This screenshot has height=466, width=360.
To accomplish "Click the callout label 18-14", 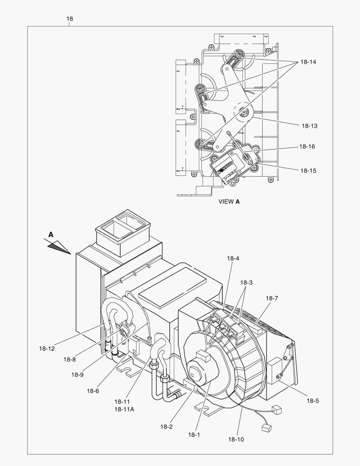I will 308,62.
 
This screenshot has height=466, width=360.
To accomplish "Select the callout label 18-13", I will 309,126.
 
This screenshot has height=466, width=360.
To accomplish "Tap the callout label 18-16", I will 307,147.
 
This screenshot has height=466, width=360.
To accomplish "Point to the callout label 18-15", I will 308,171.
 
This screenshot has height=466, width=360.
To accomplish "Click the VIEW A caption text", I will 229,202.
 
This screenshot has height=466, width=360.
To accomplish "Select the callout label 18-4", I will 233,258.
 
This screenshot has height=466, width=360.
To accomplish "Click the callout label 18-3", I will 246,283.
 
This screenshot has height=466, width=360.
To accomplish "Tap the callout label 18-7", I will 272,298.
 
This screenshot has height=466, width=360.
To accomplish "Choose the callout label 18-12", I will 46,348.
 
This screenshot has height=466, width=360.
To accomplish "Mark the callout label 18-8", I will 69,359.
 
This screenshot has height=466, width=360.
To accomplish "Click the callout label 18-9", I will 77,375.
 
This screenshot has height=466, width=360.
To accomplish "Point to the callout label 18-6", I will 93,391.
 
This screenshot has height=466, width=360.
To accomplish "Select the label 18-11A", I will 124,409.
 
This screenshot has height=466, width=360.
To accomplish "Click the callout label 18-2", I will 166,427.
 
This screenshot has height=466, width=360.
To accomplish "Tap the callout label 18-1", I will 194,435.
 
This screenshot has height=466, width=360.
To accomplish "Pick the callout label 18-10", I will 236,439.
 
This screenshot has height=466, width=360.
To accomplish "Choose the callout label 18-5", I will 313,401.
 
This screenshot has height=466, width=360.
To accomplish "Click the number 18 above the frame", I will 69,19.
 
